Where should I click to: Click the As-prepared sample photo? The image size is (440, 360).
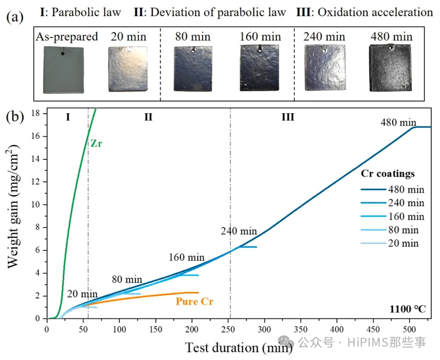tap(64, 70)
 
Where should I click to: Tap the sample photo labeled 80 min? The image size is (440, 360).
tap(192, 68)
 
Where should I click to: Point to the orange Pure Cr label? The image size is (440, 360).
tap(195, 301)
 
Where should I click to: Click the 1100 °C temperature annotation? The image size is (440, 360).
tap(408, 308)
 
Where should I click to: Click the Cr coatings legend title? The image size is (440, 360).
tap(387, 174)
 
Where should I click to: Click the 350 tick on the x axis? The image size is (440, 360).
tap(300, 328)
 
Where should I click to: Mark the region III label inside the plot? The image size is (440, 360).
tap(287, 117)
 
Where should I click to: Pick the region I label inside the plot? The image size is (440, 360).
tap(67, 117)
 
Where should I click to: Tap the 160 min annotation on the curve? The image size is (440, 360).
tap(186, 257)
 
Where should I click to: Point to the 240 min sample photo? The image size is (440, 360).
tap(324, 69)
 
